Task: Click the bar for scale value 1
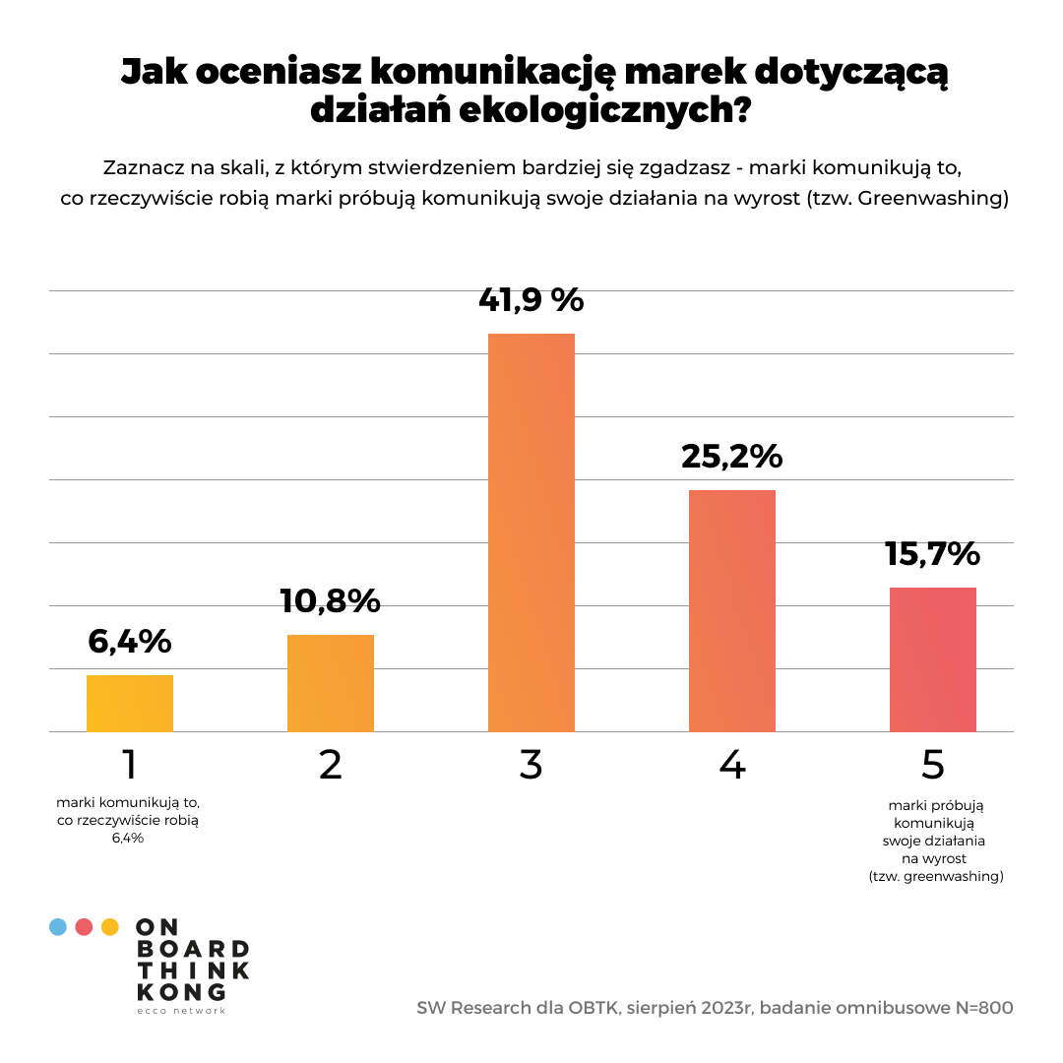coord(130,703)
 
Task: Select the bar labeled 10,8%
coord(331,683)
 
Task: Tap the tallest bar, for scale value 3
coord(531,532)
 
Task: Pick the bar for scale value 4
coord(732,610)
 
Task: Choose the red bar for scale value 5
coord(933,659)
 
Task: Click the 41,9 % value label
coord(531,299)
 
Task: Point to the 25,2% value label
coord(732,457)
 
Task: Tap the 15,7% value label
coord(933,553)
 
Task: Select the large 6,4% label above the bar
coord(130,641)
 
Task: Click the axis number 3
coord(531,765)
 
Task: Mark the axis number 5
coord(933,765)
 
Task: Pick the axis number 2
coord(331,765)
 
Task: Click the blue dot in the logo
coord(58,926)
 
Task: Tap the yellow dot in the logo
coord(110,926)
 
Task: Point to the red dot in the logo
coord(85,926)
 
